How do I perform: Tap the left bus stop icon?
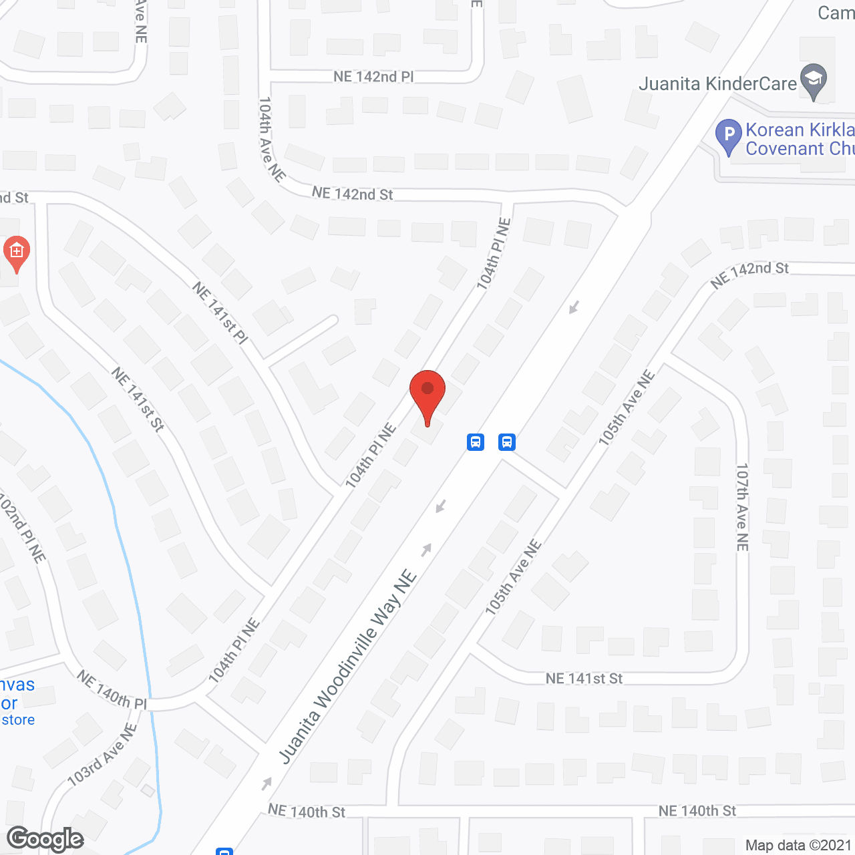(476, 442)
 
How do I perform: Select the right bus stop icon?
(507, 442)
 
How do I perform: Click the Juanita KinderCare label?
(717, 84)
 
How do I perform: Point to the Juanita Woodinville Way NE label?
(348, 667)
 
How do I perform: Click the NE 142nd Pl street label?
(373, 77)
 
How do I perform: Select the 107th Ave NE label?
(742, 507)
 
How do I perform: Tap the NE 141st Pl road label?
(220, 313)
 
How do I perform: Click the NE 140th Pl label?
(112, 690)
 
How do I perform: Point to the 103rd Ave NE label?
(102, 754)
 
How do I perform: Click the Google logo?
(45, 839)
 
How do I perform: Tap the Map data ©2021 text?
(798, 845)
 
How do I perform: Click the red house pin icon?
(17, 252)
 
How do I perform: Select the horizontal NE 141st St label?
(584, 679)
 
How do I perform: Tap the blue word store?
(18, 720)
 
